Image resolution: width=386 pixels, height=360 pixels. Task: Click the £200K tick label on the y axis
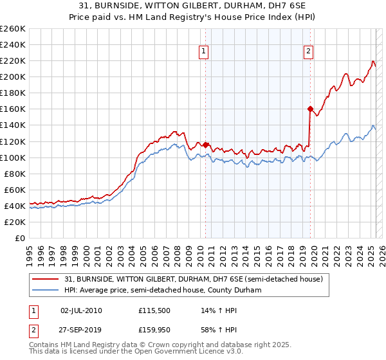(x=13, y=76)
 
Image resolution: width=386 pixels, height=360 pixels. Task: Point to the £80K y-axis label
(x=15, y=174)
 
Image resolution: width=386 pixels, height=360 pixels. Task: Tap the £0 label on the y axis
(x=21, y=238)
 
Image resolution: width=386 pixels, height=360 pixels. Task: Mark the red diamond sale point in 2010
(x=206, y=145)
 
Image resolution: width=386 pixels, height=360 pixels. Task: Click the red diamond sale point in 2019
(x=310, y=109)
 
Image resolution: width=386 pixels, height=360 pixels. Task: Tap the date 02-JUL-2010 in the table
(x=81, y=310)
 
